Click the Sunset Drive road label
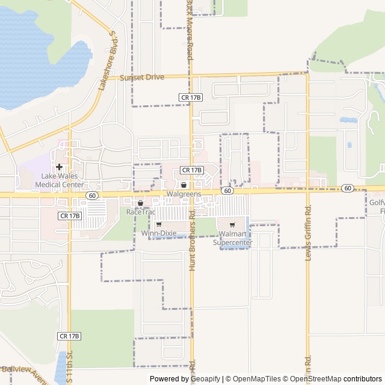coord(142,78)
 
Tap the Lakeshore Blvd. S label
coord(106,61)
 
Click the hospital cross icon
coord(59,167)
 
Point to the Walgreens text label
coord(183,194)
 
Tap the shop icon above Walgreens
coord(183,185)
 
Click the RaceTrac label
coord(140,212)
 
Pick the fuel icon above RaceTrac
coord(140,203)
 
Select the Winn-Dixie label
coord(158,233)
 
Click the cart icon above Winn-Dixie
coord(158,224)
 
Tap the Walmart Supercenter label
coord(233,238)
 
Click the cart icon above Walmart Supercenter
coord(232,225)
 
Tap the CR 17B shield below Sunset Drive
coord(191,97)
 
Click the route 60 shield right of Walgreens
coord(227,190)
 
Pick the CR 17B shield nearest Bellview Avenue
coord(69,336)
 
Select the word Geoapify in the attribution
coord(205,379)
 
